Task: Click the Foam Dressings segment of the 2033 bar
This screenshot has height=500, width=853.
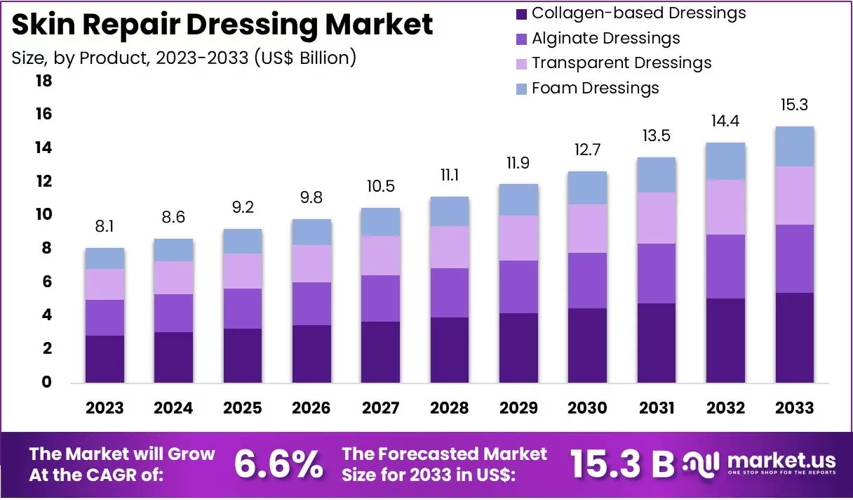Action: (794, 147)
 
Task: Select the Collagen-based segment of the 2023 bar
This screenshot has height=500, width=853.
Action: (105, 359)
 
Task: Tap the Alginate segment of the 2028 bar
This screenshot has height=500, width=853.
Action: (450, 293)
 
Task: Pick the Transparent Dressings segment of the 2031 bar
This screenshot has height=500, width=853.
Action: (657, 218)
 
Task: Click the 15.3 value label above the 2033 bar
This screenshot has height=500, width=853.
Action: (794, 105)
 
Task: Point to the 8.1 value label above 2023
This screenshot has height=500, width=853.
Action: (105, 226)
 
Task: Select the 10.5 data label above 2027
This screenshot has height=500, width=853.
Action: (381, 186)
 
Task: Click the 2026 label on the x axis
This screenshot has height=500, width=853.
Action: (311, 408)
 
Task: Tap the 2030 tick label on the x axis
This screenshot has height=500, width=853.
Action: (588, 408)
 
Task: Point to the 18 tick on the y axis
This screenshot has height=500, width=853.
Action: (43, 81)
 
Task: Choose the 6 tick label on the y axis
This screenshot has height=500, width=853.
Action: (46, 282)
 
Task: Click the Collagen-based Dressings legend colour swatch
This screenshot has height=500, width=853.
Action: (521, 14)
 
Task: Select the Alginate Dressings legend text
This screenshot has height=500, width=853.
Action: (605, 39)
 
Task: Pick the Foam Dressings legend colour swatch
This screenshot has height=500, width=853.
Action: (521, 89)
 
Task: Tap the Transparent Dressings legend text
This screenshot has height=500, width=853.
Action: (622, 63)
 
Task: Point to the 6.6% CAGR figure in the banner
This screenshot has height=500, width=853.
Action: (278, 464)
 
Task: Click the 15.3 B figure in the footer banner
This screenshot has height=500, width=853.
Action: (622, 464)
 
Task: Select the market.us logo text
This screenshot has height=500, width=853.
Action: (781, 461)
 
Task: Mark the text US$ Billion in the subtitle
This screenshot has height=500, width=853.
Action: (303, 58)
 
